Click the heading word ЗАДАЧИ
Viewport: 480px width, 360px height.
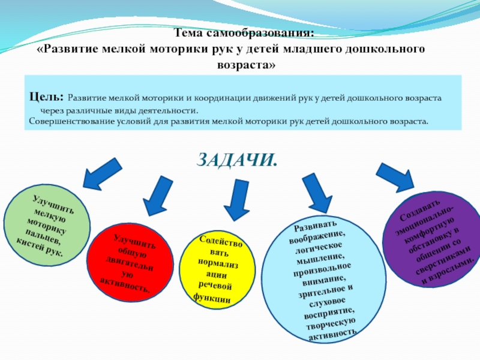(x=238, y=160)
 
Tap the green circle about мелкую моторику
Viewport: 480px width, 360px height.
(x=47, y=225)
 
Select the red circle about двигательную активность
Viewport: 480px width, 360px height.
(x=127, y=265)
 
